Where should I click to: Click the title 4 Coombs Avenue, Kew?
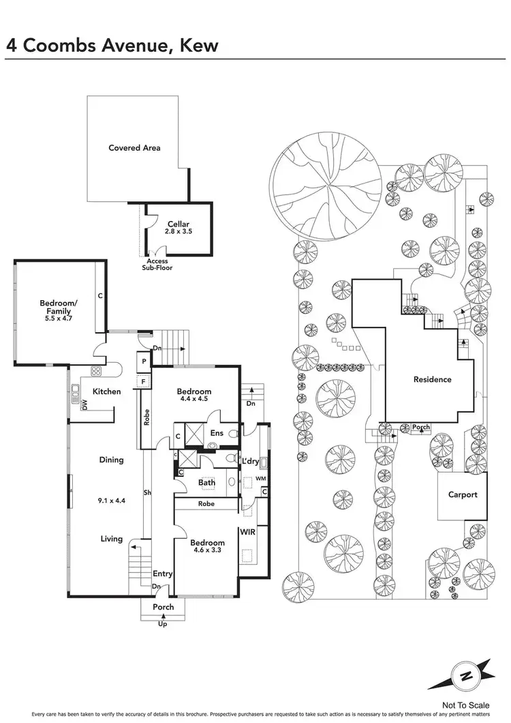[112, 45]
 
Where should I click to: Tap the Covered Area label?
[134, 147]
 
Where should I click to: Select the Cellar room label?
[179, 224]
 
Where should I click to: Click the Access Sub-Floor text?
[157, 265]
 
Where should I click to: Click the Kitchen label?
[107, 392]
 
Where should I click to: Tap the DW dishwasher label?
[85, 405]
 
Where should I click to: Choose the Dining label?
[111, 460]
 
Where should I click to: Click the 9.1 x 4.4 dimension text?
[111, 501]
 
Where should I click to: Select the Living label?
[112, 539]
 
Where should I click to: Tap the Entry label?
[162, 574]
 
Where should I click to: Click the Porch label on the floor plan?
[164, 607]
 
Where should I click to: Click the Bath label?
[206, 483]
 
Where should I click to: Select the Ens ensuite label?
[217, 432]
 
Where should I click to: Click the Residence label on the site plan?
[432, 379]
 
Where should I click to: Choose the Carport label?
[463, 495]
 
